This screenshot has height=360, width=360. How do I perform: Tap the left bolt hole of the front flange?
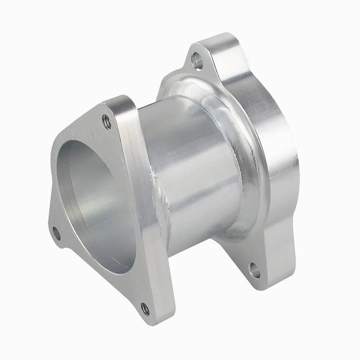57,233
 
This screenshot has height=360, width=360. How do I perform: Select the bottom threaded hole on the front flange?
145,308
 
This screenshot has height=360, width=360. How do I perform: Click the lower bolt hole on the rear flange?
255,270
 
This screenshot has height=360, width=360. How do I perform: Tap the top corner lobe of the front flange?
112,112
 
